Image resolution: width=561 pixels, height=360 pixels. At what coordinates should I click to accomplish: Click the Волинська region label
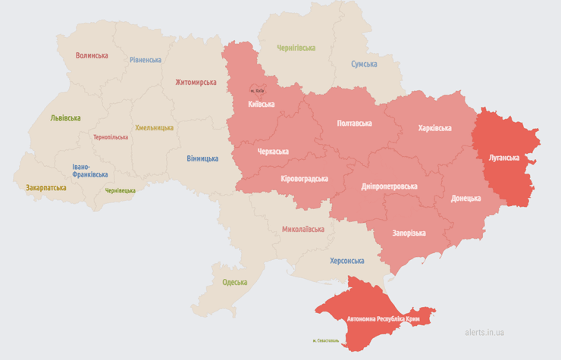(92, 55)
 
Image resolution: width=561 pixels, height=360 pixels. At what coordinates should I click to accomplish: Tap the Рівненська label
(145, 60)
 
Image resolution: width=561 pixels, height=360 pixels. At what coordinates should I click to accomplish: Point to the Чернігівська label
(296, 48)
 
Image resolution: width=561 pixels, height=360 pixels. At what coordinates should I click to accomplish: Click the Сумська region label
(364, 64)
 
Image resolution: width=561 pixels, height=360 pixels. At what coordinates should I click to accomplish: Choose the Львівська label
(65, 118)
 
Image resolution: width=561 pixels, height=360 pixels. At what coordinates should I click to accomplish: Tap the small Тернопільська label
(111, 137)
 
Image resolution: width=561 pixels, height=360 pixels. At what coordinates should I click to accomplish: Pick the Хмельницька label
(155, 127)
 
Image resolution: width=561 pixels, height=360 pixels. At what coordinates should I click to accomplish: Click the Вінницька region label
(202, 158)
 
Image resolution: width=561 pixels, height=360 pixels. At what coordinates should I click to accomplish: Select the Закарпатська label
(45, 187)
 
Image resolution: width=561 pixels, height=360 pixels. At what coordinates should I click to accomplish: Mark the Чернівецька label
(121, 191)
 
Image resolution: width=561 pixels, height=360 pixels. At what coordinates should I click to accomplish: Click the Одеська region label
(234, 283)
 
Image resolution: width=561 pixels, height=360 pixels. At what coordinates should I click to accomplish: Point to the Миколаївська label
(302, 229)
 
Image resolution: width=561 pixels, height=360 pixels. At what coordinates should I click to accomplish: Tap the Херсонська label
(346, 261)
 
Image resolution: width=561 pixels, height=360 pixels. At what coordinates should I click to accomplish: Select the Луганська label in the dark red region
(503, 158)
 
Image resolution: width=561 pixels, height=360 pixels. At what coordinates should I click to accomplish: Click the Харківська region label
(434, 128)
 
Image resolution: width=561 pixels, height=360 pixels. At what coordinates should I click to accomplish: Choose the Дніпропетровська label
(390, 186)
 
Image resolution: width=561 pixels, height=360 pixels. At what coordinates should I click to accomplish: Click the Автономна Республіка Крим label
(383, 319)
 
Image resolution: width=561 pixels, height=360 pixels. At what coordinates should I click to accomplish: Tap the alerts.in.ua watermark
(485, 332)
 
